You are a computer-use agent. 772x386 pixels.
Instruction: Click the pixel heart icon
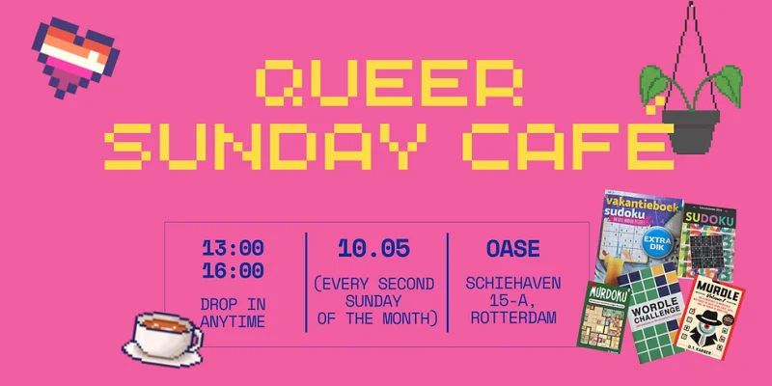pos(73,58)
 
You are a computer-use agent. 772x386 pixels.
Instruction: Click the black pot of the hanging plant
pos(691,130)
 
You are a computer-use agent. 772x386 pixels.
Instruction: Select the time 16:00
pos(233,271)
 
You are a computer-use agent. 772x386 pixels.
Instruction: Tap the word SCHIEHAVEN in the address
pos(510,285)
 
